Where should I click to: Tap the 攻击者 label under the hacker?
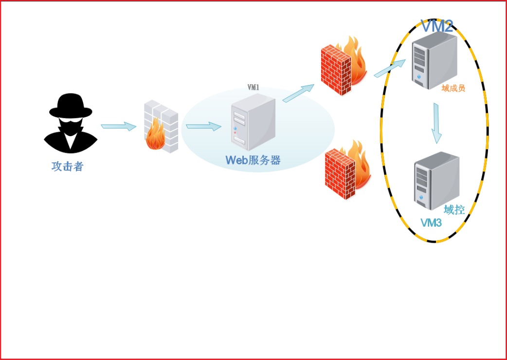coord(68,166)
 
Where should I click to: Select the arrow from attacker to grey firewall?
coord(118,126)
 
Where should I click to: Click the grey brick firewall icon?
coord(161,126)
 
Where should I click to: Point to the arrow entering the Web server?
coord(203,126)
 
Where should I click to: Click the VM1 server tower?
coord(253,123)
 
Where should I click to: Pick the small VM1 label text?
coord(253,88)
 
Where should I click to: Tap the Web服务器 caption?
coord(253,160)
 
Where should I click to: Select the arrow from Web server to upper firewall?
coord(298,93)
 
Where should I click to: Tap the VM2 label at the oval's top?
coord(436,26)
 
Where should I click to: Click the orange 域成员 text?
coord(453,88)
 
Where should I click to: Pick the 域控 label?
coord(454,210)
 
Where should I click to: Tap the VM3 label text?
coord(431,223)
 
